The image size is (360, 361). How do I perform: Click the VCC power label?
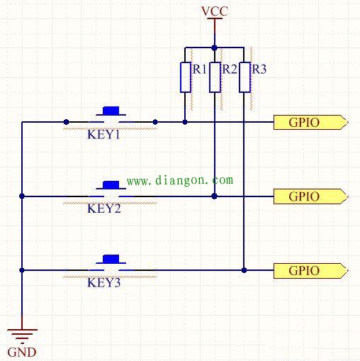click(215, 11)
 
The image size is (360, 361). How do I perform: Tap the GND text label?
click(22, 352)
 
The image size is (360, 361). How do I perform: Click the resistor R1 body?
click(186, 77)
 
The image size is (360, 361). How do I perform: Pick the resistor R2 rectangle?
click(215, 77)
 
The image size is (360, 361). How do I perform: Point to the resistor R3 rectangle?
click(244, 77)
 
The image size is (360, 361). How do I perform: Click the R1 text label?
click(200, 70)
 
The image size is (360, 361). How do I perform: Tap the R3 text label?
click(259, 70)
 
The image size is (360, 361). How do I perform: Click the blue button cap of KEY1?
click(111, 111)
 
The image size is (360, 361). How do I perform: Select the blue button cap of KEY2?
click(111, 185)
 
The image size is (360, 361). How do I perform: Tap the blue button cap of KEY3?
click(111, 259)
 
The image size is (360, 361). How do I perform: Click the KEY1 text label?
click(104, 135)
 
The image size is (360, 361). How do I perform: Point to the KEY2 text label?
click(104, 209)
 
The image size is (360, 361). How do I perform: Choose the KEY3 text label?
click(104, 283)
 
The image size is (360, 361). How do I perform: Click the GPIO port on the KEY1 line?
click(311, 122)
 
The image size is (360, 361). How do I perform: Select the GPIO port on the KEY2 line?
click(311, 196)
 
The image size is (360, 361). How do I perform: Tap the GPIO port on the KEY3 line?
click(311, 270)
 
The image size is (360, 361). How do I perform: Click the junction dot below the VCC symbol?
click(215, 48)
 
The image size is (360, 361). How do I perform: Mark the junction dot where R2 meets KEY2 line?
click(215, 196)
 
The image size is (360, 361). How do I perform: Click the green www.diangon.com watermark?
click(180, 181)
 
